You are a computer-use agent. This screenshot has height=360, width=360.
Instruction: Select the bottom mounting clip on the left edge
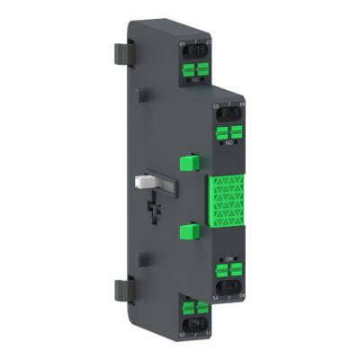pos(123,290)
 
